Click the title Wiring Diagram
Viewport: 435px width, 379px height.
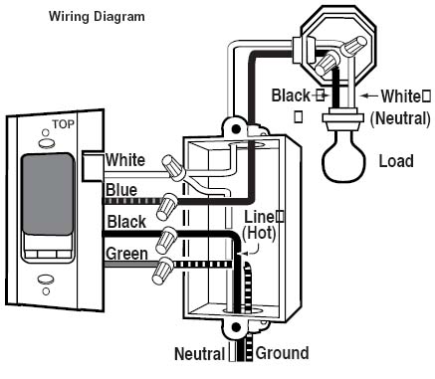tap(97, 17)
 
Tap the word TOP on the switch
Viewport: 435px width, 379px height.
tap(63, 124)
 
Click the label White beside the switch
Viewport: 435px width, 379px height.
tap(125, 160)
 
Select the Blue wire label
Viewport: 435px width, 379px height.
tap(121, 190)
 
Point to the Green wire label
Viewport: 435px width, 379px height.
tap(126, 254)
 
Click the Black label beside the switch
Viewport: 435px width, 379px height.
tap(126, 222)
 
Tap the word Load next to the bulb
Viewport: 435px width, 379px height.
tap(396, 161)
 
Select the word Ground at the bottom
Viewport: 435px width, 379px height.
tap(282, 353)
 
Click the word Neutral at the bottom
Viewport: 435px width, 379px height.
tap(200, 353)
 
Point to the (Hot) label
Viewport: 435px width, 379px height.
tap(259, 233)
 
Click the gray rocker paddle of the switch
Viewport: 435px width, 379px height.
tap(48, 194)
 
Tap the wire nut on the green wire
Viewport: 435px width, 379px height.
tap(162, 271)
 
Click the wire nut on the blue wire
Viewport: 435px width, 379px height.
tap(167, 206)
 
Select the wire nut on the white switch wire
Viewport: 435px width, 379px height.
tap(173, 168)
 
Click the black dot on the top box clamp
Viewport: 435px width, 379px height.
tap(236, 128)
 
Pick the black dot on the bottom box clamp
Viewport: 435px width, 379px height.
tap(236, 327)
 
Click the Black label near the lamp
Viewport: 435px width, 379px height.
tap(291, 95)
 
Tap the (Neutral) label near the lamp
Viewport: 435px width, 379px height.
tap(400, 118)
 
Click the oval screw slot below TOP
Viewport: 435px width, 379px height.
tap(46, 143)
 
